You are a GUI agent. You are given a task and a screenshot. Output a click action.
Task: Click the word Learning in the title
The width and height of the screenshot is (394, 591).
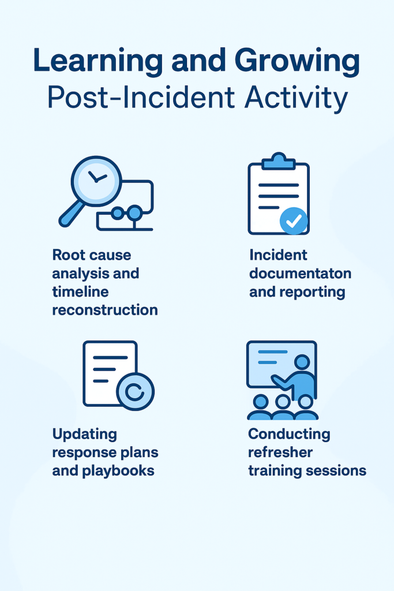(x=98, y=61)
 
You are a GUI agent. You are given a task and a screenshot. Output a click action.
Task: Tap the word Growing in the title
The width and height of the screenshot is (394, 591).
(x=297, y=61)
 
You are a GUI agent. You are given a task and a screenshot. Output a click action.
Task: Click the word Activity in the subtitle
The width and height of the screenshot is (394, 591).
(x=296, y=99)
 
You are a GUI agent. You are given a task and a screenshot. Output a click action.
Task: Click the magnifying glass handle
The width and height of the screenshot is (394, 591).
(x=72, y=214)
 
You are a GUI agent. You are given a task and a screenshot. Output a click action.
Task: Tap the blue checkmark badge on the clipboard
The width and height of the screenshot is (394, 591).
(x=294, y=221)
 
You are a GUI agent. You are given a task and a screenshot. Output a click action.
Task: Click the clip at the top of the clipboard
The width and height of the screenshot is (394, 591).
(x=279, y=160)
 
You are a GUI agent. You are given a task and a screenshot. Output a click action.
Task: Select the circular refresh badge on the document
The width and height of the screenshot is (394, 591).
(x=135, y=392)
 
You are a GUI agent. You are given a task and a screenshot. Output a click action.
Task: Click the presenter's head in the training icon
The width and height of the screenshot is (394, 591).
(x=302, y=362)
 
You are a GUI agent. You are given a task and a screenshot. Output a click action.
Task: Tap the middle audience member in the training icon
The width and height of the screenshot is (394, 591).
(x=283, y=407)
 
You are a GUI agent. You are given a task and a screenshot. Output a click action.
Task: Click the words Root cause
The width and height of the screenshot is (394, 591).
(x=92, y=255)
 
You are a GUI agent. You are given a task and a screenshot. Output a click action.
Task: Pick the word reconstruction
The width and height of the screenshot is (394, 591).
(x=105, y=310)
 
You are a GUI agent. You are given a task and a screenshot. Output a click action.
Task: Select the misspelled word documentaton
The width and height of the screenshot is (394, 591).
(x=300, y=273)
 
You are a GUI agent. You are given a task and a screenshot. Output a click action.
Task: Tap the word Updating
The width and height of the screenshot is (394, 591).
(x=85, y=435)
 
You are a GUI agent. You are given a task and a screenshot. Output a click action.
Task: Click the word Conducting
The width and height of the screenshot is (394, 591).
(x=289, y=435)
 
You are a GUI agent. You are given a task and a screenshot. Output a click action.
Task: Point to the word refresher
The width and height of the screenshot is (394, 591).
(x=280, y=452)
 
